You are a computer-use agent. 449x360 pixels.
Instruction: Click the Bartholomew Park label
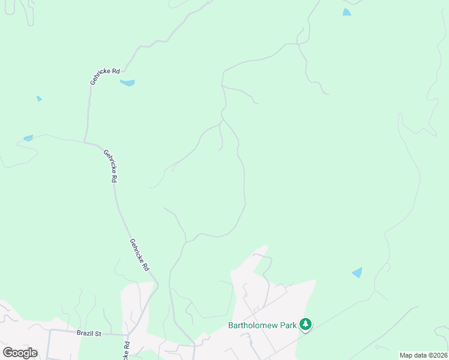point(262,326)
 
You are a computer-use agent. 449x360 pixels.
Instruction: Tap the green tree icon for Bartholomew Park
point(306,325)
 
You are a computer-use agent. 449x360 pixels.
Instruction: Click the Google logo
point(20,352)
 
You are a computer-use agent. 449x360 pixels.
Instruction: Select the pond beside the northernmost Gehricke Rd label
point(127,83)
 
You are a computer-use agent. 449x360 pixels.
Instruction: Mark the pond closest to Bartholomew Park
point(357,272)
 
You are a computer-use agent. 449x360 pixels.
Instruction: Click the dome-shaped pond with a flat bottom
point(346,12)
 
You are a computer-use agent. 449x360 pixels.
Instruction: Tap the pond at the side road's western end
point(28,138)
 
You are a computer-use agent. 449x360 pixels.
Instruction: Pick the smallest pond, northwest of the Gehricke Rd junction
point(39,98)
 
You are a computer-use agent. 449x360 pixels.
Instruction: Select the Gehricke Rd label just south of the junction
point(110,166)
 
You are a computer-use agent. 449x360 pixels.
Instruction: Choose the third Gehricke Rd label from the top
point(139,255)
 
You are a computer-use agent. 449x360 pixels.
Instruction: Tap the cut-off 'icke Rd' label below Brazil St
point(127,351)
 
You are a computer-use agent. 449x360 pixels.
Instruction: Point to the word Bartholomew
point(252,326)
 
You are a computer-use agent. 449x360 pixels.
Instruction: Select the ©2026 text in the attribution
point(437,355)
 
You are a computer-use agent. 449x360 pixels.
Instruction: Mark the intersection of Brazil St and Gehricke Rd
point(128,335)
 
